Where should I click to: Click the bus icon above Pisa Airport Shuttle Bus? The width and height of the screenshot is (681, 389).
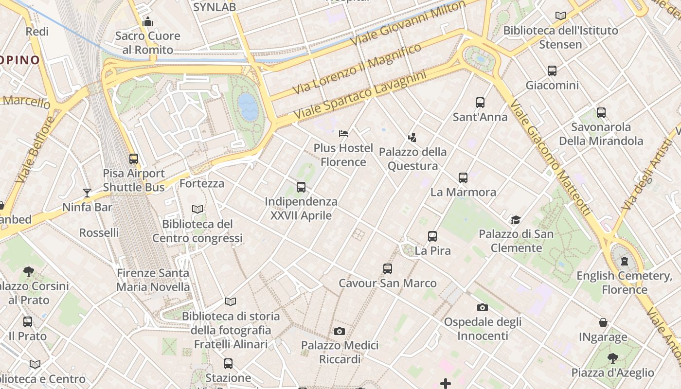133,159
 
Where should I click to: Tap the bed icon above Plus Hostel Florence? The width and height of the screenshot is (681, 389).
343,133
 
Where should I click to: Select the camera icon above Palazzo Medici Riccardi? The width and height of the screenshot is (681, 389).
340,332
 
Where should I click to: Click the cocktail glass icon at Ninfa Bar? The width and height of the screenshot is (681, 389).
87,193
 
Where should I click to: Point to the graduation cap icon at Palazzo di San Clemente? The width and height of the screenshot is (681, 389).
516,220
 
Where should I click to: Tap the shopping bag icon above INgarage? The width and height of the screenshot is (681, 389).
603,322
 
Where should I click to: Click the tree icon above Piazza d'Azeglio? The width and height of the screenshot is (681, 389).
613,358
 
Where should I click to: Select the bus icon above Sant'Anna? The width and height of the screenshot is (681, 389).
480,103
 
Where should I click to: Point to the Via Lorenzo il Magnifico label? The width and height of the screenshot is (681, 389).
357,69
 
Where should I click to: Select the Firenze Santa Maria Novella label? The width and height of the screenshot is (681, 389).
153,280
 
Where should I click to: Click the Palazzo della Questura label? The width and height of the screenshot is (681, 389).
412,159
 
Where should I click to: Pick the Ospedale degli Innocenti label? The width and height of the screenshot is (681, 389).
483,329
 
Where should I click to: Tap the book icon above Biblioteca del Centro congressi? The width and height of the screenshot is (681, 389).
197,210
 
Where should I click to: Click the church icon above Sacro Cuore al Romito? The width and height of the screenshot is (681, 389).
147,21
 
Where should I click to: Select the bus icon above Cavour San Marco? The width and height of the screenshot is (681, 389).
388,269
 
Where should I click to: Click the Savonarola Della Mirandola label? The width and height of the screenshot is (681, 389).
601,134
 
